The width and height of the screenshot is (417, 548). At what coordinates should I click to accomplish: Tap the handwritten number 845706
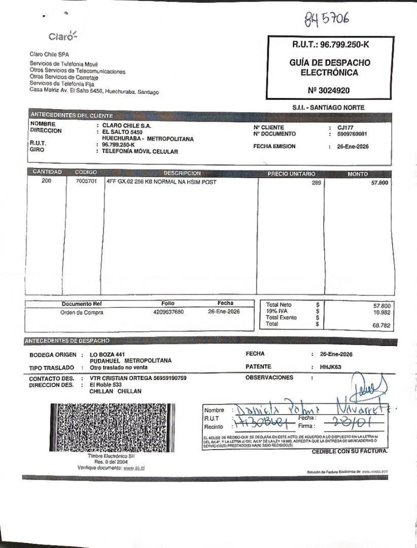pos(327,20)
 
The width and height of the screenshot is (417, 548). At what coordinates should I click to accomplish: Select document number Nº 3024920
pos(328,90)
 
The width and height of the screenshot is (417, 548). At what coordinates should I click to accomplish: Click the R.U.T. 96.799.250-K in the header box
pos(330,45)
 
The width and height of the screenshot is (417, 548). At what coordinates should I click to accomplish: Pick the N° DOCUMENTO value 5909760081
pos(352,134)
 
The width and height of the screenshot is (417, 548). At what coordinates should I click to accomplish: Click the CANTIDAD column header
pos(47,172)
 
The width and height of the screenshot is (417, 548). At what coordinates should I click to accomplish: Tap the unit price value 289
pos(316,183)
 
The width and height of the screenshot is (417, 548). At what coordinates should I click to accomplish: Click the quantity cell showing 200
pos(47,181)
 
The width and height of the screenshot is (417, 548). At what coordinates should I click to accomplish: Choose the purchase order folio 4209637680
pos(168,312)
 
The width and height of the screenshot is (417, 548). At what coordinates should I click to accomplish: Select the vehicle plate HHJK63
pos(331,366)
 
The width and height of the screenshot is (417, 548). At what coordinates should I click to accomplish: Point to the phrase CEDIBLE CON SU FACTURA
pos(350,451)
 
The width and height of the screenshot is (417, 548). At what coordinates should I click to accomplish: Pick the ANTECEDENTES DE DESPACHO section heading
pos(66,340)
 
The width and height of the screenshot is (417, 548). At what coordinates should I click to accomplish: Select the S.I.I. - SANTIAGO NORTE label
pos(328,108)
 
